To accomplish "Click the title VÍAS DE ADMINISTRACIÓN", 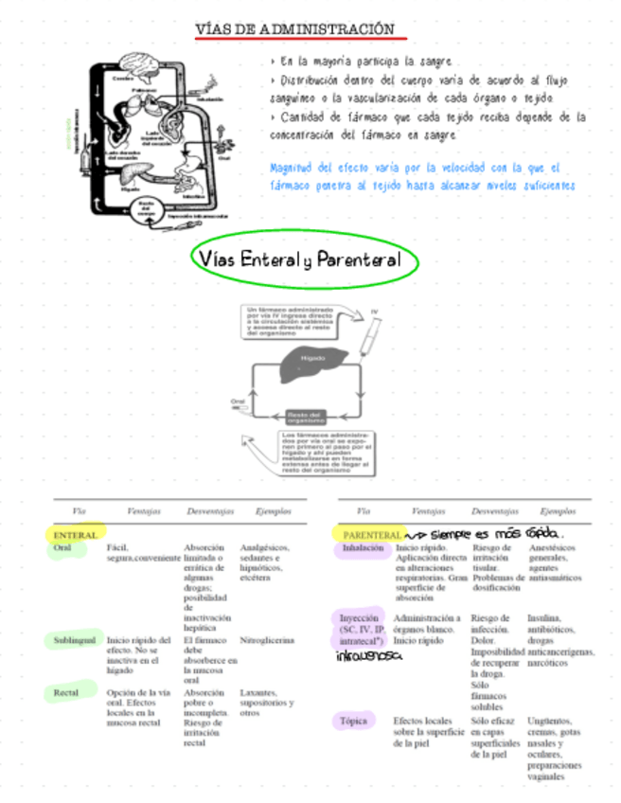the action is point(294,29).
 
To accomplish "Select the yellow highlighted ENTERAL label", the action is point(76,535).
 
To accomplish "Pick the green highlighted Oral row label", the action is point(63,548).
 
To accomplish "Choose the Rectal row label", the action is point(66,693).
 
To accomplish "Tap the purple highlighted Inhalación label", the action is point(363,548).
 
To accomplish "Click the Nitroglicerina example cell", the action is point(268,640).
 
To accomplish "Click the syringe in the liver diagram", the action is point(371,330).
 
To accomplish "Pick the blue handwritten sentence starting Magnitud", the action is point(422,176).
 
